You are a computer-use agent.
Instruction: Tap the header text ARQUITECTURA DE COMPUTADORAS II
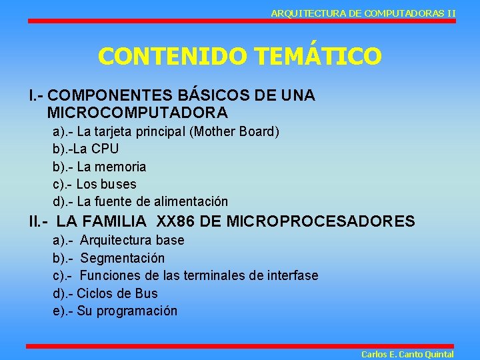point(363,13)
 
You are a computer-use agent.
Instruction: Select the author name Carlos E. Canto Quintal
point(407,354)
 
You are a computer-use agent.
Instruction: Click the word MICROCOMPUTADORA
point(138,112)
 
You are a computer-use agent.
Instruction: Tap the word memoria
point(123,167)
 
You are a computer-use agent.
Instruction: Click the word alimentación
point(191,201)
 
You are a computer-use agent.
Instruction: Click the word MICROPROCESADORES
point(321,221)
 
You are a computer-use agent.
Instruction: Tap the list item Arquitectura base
point(132,240)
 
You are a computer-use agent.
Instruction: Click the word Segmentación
point(123,258)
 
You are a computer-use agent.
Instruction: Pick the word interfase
point(291,275)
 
